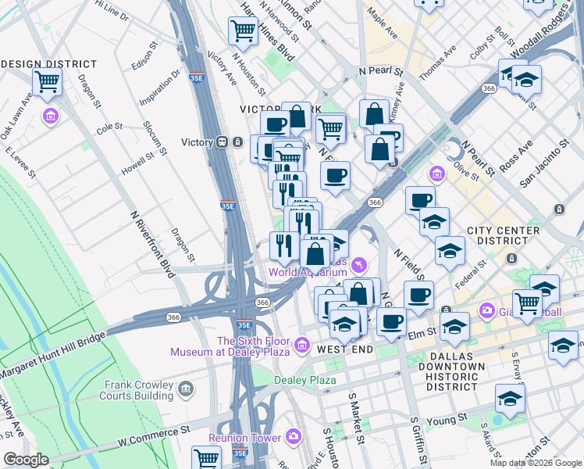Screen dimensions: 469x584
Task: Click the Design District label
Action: pos(49,64)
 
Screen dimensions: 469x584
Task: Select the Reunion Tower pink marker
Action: pos(294,436)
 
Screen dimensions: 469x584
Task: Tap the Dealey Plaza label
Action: pos(304,380)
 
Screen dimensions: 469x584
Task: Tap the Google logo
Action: pos(26,459)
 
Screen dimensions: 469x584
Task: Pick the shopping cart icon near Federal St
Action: pos(528,303)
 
